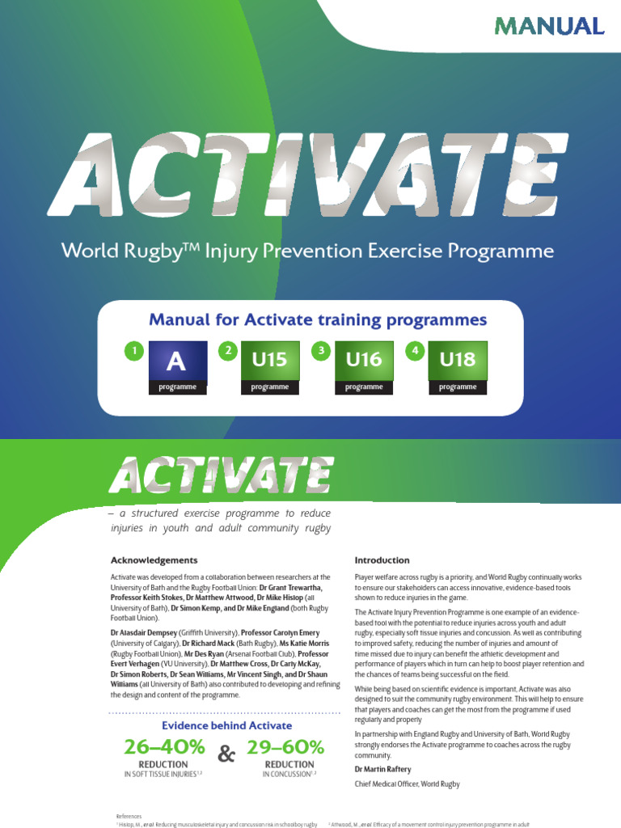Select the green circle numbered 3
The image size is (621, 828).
point(322,351)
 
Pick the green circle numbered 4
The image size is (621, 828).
point(416,351)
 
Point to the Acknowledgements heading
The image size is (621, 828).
point(154,560)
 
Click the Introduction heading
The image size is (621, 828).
point(382,560)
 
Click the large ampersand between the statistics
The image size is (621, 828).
point(227,755)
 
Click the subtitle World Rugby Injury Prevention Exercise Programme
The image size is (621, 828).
point(308,251)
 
